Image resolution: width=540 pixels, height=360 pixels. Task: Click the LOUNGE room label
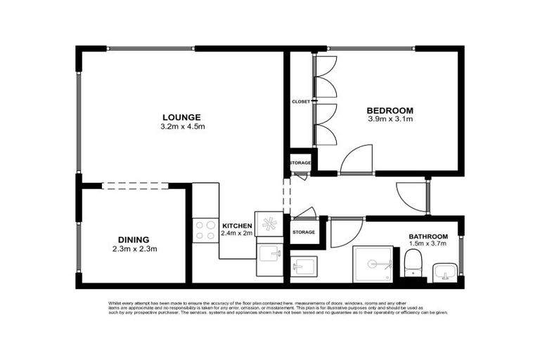point(181,117)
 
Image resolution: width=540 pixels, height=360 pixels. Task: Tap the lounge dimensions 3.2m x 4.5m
point(181,127)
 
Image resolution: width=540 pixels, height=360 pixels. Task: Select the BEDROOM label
point(390,110)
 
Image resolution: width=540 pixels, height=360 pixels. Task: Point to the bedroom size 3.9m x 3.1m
point(390,120)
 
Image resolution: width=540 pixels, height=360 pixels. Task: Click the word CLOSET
point(300,102)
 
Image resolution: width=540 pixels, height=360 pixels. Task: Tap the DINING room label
point(133,240)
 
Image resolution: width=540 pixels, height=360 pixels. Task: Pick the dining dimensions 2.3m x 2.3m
point(133,249)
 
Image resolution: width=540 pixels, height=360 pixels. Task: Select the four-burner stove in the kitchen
point(205,230)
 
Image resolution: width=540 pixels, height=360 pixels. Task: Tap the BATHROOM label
point(428,236)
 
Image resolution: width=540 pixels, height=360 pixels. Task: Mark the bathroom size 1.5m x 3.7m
point(428,245)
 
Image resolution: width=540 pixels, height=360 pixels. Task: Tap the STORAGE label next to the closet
point(300,162)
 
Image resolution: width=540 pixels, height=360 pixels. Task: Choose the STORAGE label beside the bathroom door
point(304,231)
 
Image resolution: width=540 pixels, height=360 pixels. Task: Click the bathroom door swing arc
point(344,233)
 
